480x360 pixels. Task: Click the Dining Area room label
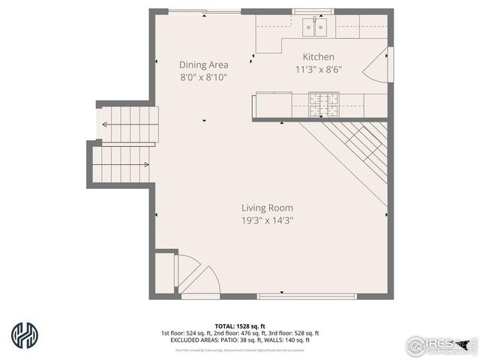coord(203,64)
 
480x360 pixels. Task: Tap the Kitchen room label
coord(318,57)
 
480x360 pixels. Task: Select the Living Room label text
coord(267,208)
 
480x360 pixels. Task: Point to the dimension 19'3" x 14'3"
coord(267,220)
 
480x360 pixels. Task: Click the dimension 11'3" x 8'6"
coord(318,69)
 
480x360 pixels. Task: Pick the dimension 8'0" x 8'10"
coord(203,76)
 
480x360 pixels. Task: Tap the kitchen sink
coord(316,28)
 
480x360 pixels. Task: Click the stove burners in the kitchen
coord(323,104)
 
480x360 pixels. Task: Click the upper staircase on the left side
coord(130,123)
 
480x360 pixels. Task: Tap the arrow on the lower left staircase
coord(142,164)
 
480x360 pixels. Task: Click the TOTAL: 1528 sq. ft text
coord(239,325)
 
